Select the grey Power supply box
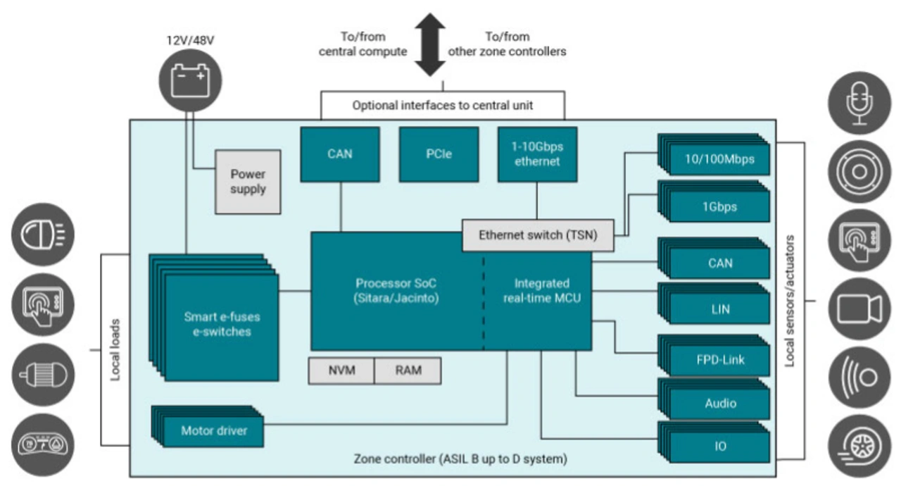point(248,181)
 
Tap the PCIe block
point(439,154)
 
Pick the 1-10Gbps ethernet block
point(537,154)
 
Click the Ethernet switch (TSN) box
point(538,235)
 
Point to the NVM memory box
point(341,370)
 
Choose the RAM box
point(408,370)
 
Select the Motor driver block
point(213,430)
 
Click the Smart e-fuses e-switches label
point(217,325)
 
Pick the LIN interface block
point(719,309)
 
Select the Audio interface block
point(719,404)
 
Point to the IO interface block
point(719,447)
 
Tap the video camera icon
point(859,309)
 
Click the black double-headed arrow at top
point(429,46)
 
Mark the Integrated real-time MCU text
point(541,291)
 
